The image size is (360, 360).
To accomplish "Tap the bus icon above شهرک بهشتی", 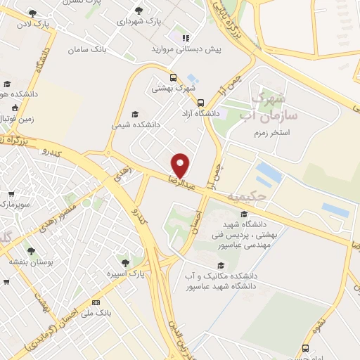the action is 173,77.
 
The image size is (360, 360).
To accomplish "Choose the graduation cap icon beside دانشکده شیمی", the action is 135,114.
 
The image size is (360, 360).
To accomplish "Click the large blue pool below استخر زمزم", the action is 269,172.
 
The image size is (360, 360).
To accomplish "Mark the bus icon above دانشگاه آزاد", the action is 201,101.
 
